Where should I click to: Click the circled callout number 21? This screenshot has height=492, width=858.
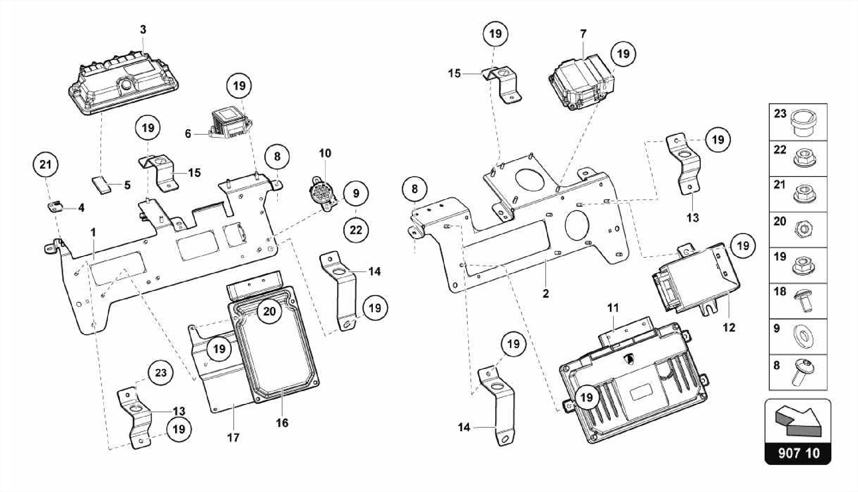click(45, 165)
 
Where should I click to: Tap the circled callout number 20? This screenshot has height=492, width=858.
click(269, 311)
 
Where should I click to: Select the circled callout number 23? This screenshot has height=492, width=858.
click(161, 373)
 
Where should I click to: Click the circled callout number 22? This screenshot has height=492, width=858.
click(356, 230)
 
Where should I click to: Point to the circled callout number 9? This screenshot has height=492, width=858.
click(356, 193)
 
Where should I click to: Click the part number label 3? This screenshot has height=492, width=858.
click(143, 30)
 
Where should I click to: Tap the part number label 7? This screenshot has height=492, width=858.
click(583, 34)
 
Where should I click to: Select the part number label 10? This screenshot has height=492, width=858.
click(325, 153)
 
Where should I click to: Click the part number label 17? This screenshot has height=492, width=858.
click(233, 438)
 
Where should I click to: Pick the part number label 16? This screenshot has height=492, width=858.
click(282, 423)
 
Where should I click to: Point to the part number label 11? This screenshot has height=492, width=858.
click(613, 308)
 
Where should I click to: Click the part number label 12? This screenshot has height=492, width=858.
click(729, 327)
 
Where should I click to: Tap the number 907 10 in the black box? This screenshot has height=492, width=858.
click(799, 453)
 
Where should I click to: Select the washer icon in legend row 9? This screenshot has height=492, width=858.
click(804, 336)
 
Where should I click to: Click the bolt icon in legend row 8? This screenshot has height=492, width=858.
click(803, 373)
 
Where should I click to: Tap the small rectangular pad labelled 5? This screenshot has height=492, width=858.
click(102, 184)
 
